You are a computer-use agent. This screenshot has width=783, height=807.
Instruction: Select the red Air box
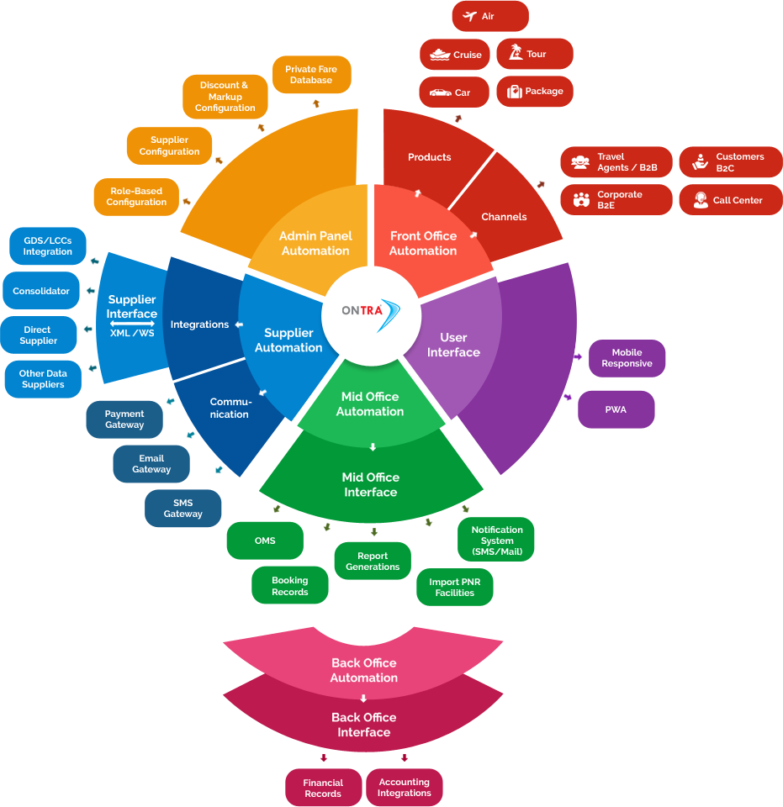pyautogui.click(x=489, y=17)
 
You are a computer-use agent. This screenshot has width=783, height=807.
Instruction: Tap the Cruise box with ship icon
pyautogui.click(x=454, y=55)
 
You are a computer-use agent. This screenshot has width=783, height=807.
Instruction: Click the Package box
pyautogui.click(x=534, y=92)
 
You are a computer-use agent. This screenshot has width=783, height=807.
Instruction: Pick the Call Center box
pyautogui.click(x=729, y=200)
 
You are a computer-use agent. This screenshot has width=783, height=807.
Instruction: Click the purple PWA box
pyautogui.click(x=616, y=410)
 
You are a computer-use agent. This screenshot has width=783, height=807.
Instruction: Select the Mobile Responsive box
pyautogui.click(x=627, y=358)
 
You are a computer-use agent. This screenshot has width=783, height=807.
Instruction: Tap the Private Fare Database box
pyautogui.click(x=311, y=75)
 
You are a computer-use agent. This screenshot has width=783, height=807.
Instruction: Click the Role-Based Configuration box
pyautogui.click(x=136, y=197)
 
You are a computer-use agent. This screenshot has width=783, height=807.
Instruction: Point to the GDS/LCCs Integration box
pyautogui.click(x=48, y=246)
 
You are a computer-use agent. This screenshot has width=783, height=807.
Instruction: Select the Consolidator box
pyautogui.click(x=41, y=291)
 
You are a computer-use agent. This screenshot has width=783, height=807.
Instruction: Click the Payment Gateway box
pyautogui.click(x=124, y=419)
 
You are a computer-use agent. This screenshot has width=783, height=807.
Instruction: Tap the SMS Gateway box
pyautogui.click(x=183, y=509)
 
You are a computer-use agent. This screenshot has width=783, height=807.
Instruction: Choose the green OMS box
pyautogui.click(x=265, y=541)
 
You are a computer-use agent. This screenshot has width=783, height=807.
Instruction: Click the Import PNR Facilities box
pyautogui.click(x=455, y=587)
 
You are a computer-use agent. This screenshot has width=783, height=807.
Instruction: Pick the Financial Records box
pyautogui.click(x=323, y=788)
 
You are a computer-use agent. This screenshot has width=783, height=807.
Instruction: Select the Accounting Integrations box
pyautogui.click(x=404, y=788)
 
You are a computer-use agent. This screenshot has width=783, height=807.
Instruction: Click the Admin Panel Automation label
pyautogui.click(x=315, y=243)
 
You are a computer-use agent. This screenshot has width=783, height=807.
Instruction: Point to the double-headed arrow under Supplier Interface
pyautogui.click(x=132, y=324)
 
